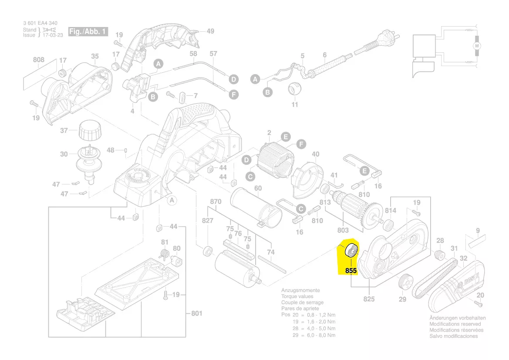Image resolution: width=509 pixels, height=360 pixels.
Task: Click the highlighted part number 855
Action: (351, 271)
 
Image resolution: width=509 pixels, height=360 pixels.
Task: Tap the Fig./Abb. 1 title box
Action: (88, 32)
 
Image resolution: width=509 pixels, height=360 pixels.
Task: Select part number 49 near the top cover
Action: (210, 31)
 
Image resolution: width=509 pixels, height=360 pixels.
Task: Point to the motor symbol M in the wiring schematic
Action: (476, 45)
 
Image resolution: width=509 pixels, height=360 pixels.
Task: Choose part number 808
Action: (39, 60)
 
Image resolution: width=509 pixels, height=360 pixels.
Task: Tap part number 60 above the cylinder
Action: (258, 188)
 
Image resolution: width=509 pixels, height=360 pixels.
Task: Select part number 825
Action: (369, 299)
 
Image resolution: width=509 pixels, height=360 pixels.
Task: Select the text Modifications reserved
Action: (455, 324)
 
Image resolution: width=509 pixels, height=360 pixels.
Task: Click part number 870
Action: (216, 202)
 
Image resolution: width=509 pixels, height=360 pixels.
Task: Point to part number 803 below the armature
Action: (343, 230)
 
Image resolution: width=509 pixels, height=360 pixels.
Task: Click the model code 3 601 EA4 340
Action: (40, 24)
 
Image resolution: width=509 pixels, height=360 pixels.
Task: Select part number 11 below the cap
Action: (295, 105)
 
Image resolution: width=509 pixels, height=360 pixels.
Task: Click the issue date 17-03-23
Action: (53, 35)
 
